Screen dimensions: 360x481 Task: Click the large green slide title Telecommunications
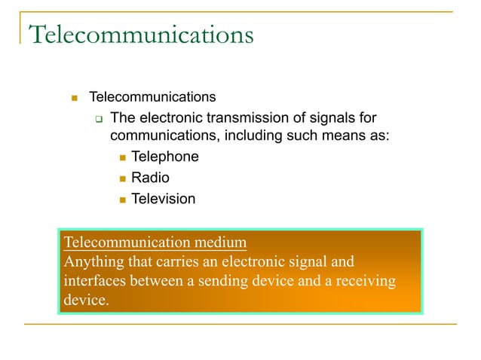[140, 35]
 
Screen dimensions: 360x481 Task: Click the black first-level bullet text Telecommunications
[152, 97]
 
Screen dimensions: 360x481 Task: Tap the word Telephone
[165, 157]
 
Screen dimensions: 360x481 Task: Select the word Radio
[150, 178]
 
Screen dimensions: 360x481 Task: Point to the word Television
[163, 200]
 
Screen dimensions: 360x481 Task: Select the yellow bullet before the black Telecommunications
[75, 98]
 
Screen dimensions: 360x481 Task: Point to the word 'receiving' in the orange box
[368, 281]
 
